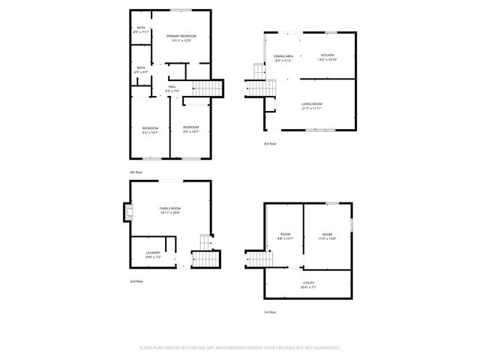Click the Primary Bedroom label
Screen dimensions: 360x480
tap(181, 36)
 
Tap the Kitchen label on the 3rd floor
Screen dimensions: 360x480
tap(327, 55)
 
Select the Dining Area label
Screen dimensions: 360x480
tap(283, 56)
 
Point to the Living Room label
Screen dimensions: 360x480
tap(311, 103)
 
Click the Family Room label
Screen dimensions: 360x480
tap(170, 208)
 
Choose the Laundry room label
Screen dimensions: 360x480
tap(153, 253)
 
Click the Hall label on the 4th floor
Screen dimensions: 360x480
tap(172, 87)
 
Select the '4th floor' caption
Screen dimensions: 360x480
tap(136, 172)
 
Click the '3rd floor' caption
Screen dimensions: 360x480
tap(270, 143)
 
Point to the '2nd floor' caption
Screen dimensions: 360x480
tap(136, 281)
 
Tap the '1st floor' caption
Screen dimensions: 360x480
tap(270, 312)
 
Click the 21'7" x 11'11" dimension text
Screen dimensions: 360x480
tap(311, 109)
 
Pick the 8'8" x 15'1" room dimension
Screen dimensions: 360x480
tap(286, 238)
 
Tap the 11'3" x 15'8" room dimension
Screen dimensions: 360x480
tap(327, 238)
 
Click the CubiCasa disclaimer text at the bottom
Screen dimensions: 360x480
tap(240, 348)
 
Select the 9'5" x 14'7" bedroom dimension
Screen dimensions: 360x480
tap(190, 132)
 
